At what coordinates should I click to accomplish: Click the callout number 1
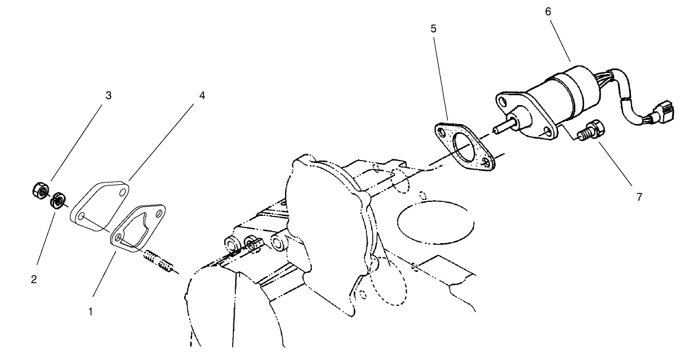91,312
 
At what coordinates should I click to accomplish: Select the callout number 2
34,279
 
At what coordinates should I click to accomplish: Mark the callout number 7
639,197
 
